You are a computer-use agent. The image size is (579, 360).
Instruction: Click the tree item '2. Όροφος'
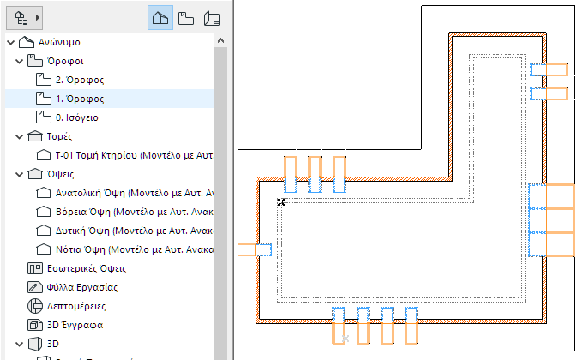(79, 80)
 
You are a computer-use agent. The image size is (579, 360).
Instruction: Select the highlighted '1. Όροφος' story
(79, 99)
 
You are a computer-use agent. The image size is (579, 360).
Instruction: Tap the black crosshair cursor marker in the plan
(281, 202)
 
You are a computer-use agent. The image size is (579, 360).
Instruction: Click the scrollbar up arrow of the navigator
(221, 41)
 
